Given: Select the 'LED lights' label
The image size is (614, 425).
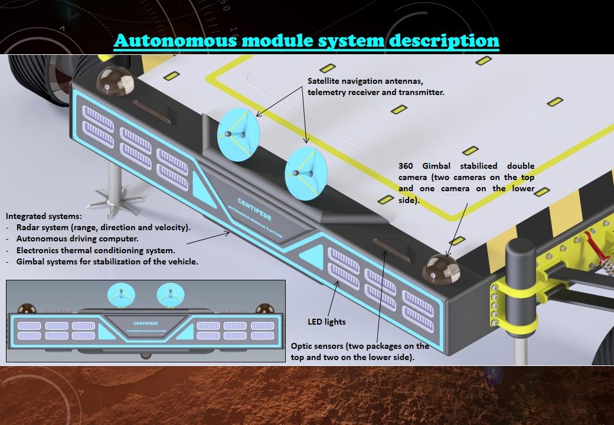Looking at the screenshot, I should [x=326, y=322].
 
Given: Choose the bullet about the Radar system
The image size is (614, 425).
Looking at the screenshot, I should [x=103, y=228].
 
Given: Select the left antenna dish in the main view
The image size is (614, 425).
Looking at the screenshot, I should [x=239, y=135].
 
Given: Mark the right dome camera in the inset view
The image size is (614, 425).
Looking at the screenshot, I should [x=264, y=310].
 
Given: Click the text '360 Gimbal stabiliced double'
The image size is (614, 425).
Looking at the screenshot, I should [x=466, y=166].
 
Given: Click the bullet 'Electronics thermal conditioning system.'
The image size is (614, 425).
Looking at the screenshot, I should [x=96, y=250].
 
